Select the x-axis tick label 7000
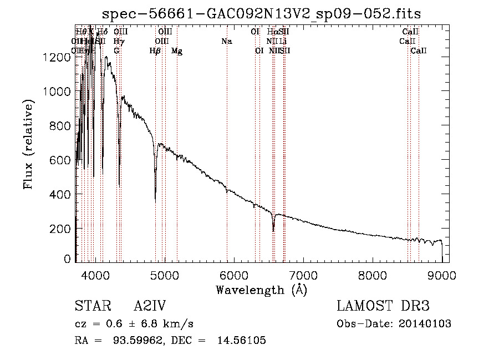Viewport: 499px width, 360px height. click(x=303, y=276)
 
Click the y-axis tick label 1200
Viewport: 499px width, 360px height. click(x=58, y=57)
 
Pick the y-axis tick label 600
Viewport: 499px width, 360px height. click(x=62, y=160)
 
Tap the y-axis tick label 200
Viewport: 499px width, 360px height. click(x=62, y=229)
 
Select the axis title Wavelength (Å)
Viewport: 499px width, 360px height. click(x=261, y=290)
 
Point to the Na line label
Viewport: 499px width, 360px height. click(x=226, y=42)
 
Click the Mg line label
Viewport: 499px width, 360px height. click(x=177, y=51)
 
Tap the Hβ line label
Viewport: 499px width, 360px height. click(x=155, y=51)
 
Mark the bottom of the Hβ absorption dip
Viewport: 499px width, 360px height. click(x=155, y=199)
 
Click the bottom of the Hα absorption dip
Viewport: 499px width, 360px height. click(x=273, y=230)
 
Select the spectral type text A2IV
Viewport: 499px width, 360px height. click(x=150, y=306)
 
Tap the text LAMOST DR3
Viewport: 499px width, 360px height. click(x=383, y=306)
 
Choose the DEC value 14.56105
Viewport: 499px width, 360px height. click(x=244, y=341)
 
